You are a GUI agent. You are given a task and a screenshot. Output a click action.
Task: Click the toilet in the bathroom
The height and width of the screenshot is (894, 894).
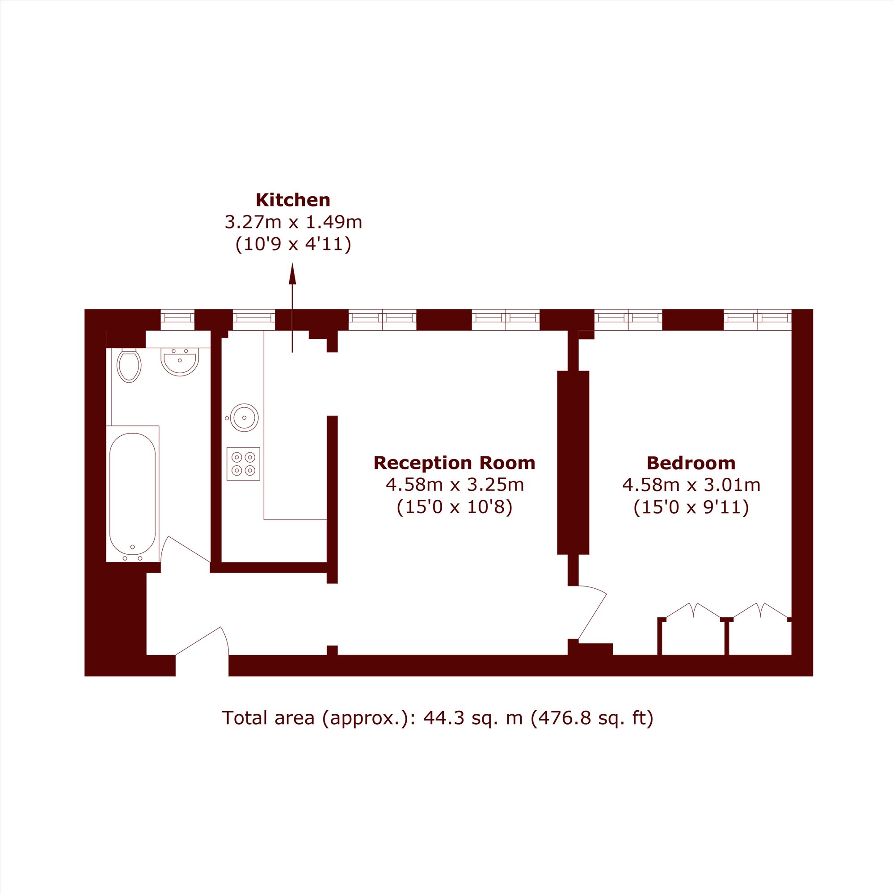[129, 366]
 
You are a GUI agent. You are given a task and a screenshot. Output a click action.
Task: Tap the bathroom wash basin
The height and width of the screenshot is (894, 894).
[180, 361]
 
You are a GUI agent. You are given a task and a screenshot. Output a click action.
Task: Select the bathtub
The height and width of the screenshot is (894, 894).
[133, 494]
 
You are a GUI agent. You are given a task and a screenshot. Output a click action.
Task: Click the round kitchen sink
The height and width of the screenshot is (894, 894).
[244, 417]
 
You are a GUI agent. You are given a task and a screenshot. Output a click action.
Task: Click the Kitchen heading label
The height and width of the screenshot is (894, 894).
[293, 200]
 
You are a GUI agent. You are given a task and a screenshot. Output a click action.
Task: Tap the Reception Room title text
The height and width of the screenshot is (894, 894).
[454, 463]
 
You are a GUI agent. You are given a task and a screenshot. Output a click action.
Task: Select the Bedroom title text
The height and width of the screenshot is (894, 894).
[691, 463]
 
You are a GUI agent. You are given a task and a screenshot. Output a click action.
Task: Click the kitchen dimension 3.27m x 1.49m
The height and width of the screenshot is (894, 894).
[293, 222]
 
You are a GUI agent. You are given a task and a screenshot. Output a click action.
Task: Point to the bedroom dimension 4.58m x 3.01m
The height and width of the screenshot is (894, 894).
[691, 485]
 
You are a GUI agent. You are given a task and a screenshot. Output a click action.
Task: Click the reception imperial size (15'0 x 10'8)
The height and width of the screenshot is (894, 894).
[455, 508]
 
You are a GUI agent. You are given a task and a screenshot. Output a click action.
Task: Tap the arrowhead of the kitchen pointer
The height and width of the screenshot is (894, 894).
[292, 274]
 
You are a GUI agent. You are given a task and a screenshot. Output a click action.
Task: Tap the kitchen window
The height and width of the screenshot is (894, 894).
[253, 320]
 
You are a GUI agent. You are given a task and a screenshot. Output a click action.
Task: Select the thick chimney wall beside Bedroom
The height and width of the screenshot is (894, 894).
[573, 462]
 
